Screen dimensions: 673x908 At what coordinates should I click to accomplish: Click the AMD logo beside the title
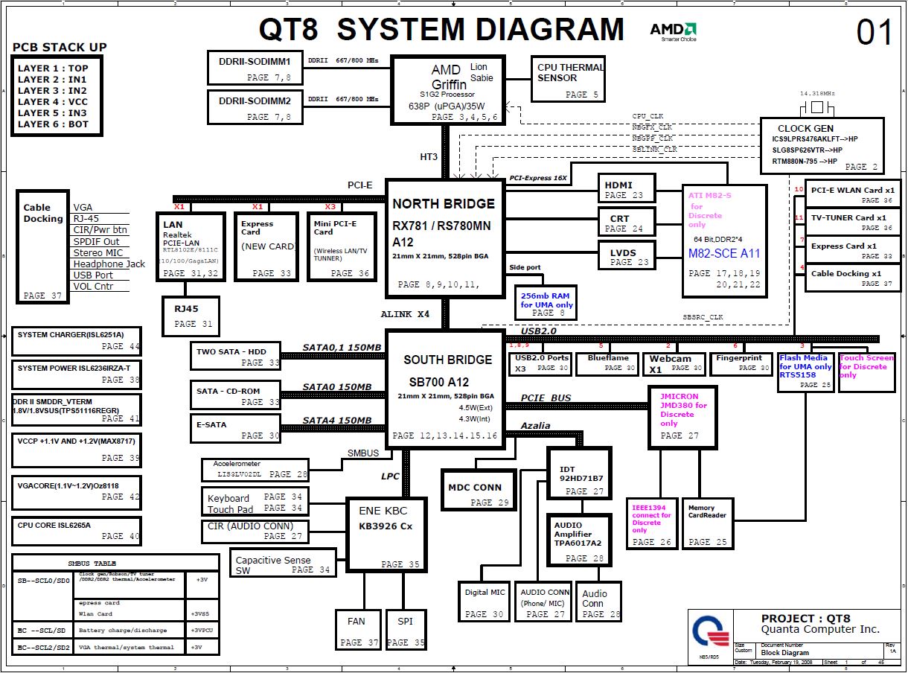[673, 31]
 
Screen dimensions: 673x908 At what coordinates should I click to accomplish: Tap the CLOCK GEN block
[822, 146]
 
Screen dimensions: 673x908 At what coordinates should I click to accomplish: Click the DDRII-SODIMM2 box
[255, 106]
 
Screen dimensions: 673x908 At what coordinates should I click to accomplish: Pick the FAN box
[356, 630]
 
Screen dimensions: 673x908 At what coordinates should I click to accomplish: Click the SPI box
[405, 630]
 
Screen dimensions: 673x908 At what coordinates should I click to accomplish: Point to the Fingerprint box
[739, 363]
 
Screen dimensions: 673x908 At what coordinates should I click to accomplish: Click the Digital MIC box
[485, 602]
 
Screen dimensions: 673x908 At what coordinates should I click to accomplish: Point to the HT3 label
[430, 156]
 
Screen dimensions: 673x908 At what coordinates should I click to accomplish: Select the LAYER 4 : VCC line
[53, 102]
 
